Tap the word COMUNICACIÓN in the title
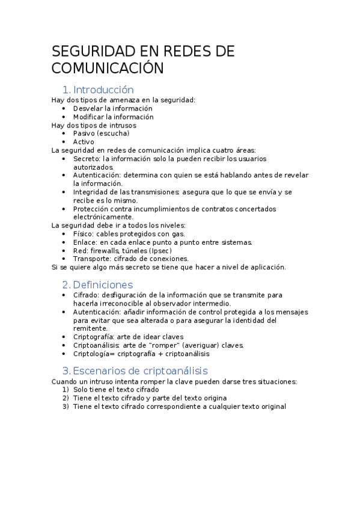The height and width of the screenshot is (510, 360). tap(108, 68)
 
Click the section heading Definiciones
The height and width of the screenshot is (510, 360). tap(103, 284)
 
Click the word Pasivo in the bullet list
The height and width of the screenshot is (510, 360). tap(84, 134)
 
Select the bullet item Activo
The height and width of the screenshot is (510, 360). tap(84, 142)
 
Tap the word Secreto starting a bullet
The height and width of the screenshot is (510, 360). tap(87, 159)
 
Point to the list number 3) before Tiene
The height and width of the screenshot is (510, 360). tap(66, 407)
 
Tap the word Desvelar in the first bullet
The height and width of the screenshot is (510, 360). tap(88, 108)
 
